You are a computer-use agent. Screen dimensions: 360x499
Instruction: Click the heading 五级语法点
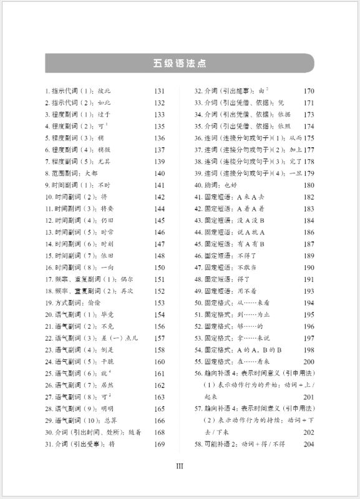tap(180, 63)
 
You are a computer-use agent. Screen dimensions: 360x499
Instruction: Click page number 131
tap(159, 91)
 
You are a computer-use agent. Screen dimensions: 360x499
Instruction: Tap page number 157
tap(159, 338)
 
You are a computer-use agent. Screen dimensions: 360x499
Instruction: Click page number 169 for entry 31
tap(159, 444)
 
